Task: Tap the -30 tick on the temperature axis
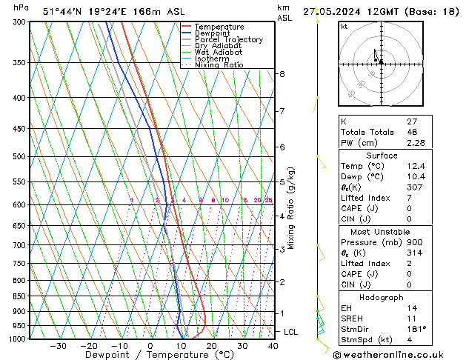point(58,346)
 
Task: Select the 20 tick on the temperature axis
point(211,346)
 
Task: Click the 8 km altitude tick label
point(282,74)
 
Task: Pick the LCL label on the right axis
point(291,332)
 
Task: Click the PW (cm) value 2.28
point(415,143)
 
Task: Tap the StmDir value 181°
point(416,329)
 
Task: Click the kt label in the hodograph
point(344,27)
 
